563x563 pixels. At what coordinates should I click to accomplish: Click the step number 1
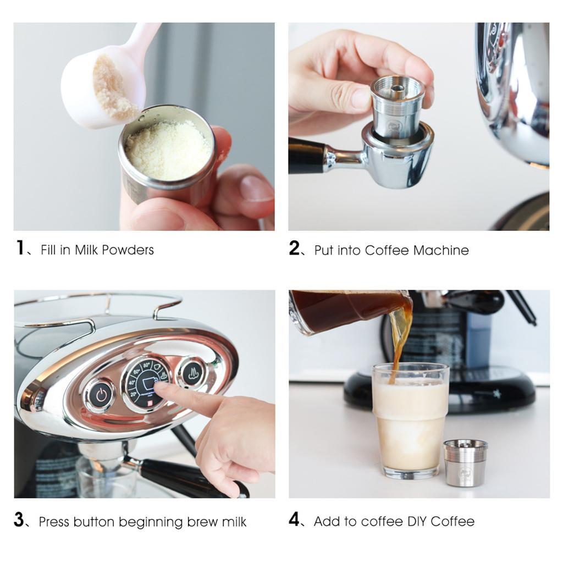coord(20,248)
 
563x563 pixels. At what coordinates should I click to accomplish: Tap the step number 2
coord(294,248)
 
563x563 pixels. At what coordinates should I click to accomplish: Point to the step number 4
coord(294,519)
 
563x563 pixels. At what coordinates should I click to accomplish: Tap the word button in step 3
coord(94,522)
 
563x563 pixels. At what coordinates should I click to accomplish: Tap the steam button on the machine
coord(191,373)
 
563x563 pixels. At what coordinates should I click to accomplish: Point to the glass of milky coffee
coord(410,421)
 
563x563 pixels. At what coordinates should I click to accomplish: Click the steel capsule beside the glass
coord(465,462)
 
